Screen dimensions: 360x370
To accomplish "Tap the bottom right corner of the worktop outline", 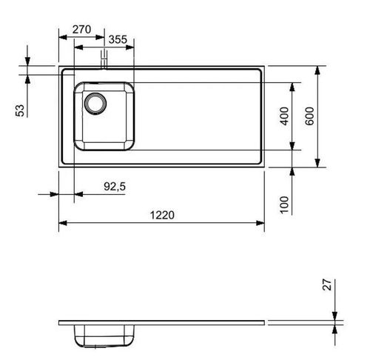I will [264, 166].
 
